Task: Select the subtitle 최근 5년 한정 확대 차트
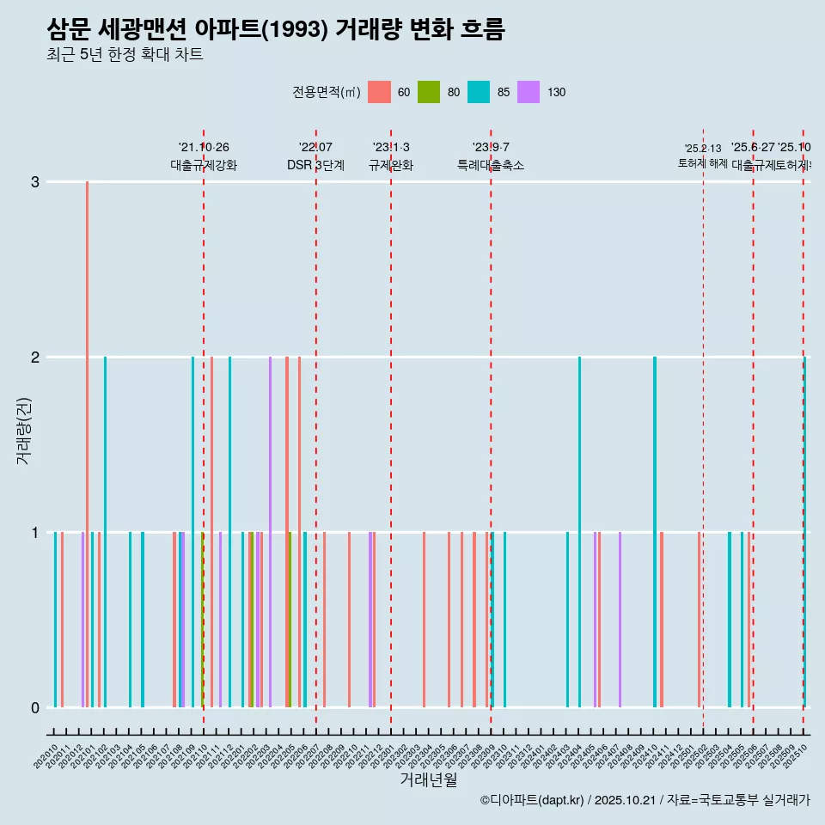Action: (125, 56)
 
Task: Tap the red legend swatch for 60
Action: (379, 92)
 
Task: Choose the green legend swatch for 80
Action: (429, 92)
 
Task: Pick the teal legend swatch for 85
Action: (479, 92)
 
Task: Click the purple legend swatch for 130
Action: (529, 92)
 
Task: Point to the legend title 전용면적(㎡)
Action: (326, 93)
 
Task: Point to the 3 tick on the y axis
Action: (35, 182)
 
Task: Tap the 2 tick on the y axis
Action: (35, 357)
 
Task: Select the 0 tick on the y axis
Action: (35, 708)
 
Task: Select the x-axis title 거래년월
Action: (428, 779)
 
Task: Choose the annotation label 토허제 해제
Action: (703, 163)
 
